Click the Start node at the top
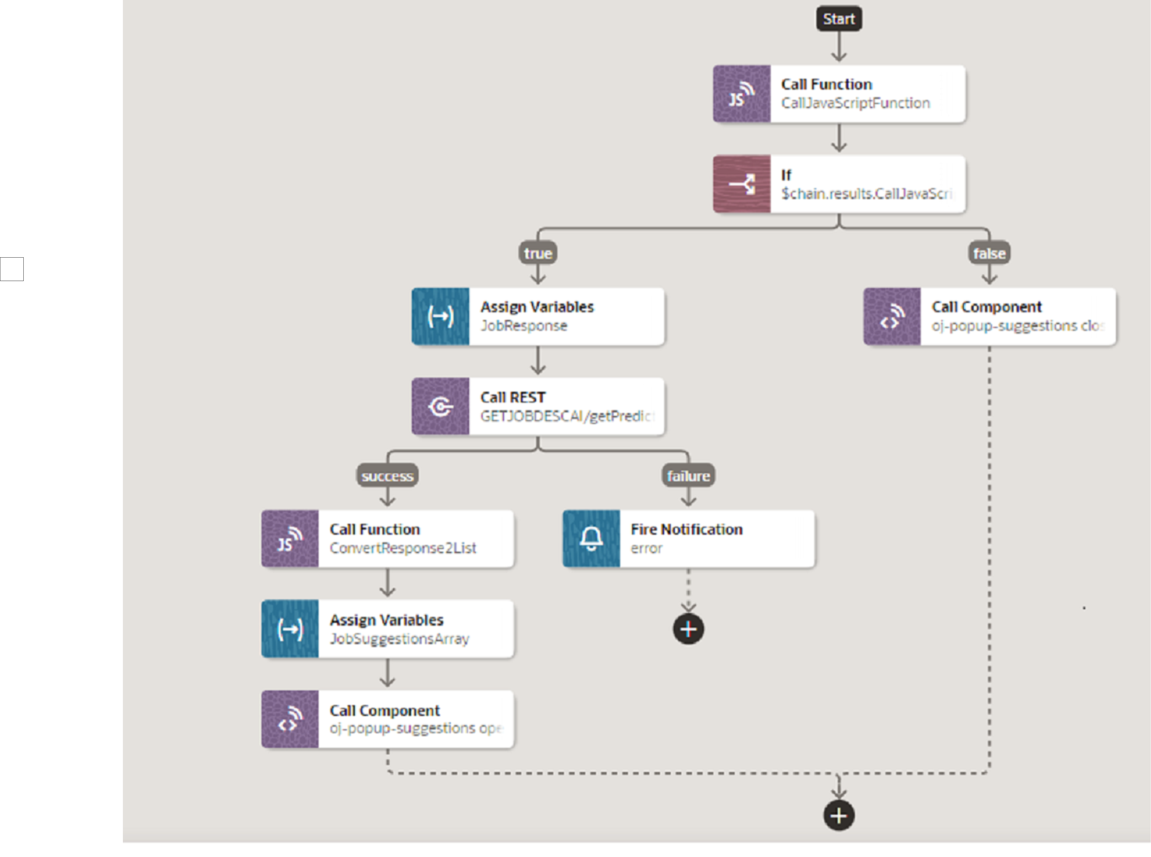point(839,19)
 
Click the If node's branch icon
point(741,184)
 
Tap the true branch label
point(537,253)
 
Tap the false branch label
point(989,253)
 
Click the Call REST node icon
point(440,406)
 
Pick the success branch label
point(387,476)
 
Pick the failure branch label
point(688,476)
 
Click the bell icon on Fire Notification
point(591,539)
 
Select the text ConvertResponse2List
point(402,548)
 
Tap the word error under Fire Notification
point(646,548)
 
